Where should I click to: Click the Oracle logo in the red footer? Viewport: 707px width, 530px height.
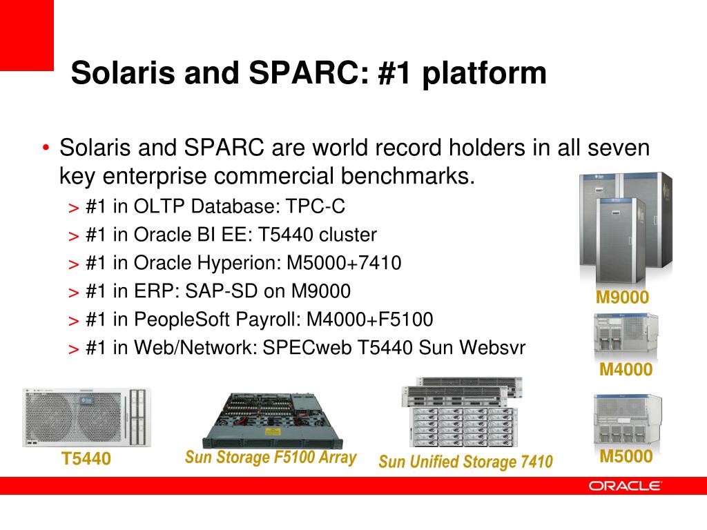click(624, 486)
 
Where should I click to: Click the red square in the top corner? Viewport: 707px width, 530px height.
click(27, 35)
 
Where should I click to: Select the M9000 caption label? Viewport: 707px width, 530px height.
click(622, 297)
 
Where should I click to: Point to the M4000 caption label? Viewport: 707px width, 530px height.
click(626, 370)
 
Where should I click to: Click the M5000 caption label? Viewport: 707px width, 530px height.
click(626, 457)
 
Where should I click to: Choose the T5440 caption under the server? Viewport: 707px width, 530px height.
click(86, 459)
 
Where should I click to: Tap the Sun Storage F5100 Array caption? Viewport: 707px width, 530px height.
click(271, 458)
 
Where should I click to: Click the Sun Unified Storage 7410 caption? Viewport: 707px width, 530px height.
click(466, 462)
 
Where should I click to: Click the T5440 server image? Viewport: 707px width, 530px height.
click(86, 418)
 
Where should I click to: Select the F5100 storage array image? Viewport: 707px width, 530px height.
click(273, 420)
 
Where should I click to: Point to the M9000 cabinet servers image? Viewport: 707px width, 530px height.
click(626, 228)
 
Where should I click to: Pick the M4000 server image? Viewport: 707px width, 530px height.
click(626, 335)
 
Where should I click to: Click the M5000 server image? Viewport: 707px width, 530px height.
click(628, 419)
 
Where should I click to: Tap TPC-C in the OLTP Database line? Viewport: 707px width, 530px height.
click(315, 206)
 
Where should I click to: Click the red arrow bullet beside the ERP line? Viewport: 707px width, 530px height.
click(73, 293)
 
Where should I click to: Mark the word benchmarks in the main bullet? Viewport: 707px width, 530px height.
click(407, 176)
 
